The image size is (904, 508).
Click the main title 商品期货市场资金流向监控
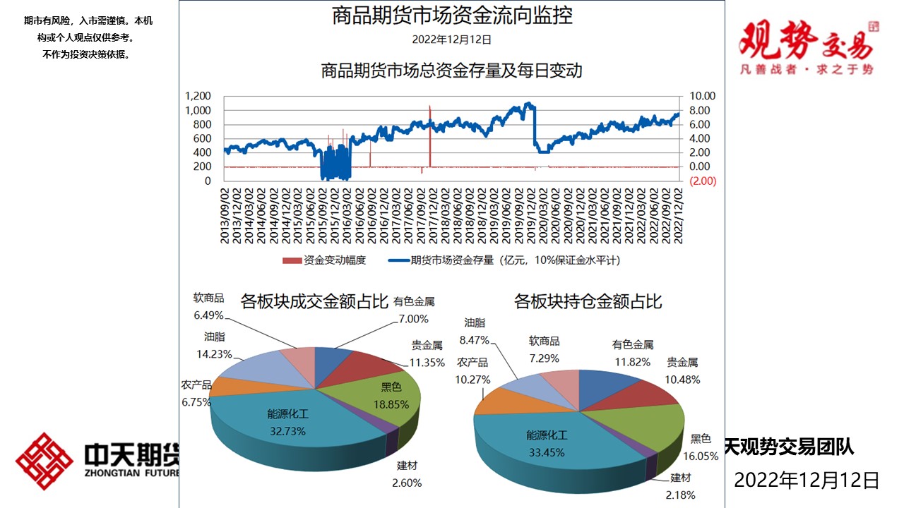point(452,16)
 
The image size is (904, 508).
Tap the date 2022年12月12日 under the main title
point(452,40)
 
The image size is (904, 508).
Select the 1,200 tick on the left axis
point(198,96)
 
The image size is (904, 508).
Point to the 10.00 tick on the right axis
point(703,96)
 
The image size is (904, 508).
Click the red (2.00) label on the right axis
point(702,181)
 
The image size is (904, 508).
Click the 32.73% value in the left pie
point(287,431)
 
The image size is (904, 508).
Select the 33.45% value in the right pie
point(547,452)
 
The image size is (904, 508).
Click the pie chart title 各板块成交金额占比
point(314,302)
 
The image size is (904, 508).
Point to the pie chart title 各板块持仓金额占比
point(588,302)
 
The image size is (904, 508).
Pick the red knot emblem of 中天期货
point(44,461)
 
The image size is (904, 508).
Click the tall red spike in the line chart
point(429,134)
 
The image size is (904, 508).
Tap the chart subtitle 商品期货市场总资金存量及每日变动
point(452,71)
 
